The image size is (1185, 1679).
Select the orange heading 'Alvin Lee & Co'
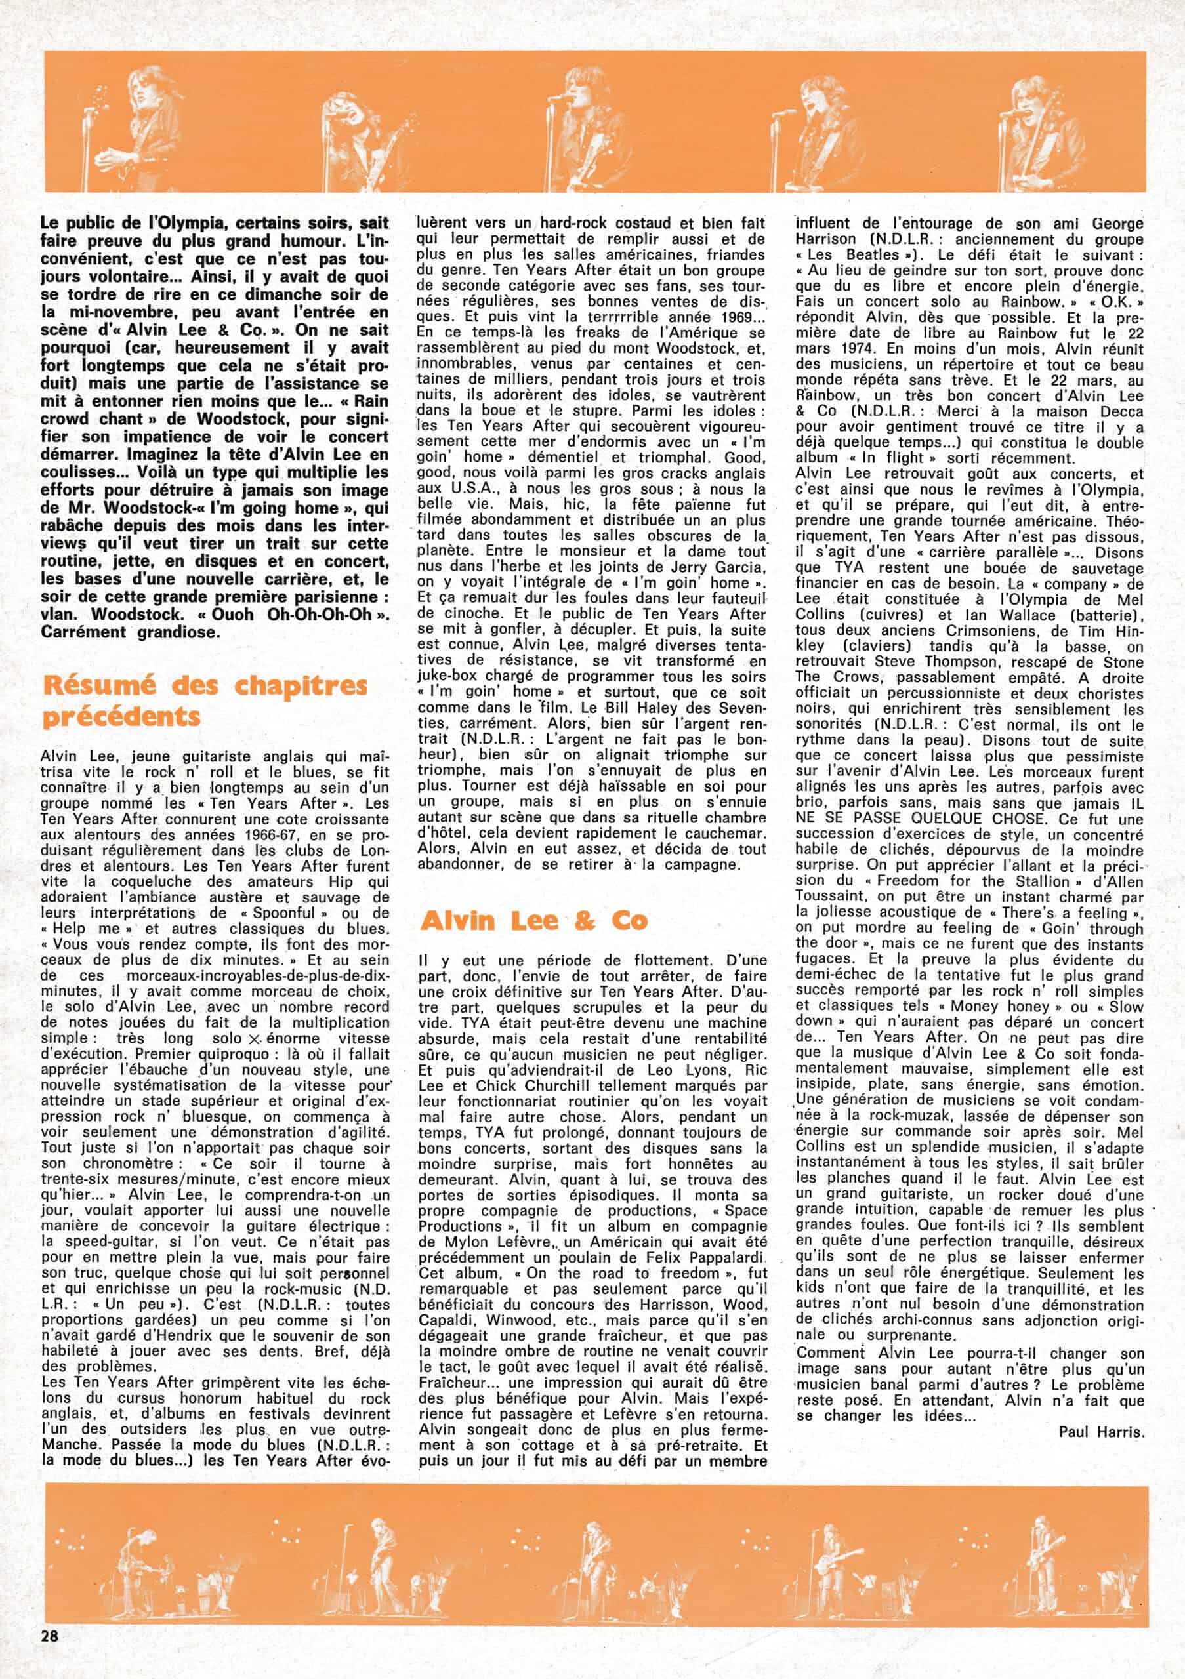[x=534, y=920]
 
